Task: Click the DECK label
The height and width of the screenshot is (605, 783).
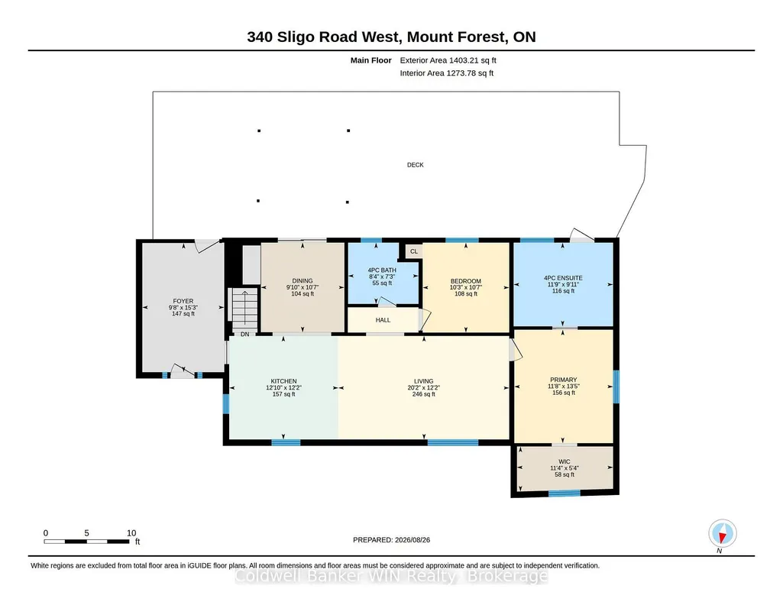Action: tap(415, 165)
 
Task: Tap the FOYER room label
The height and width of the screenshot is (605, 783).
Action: tap(183, 301)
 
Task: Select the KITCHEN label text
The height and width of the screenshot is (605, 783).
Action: tap(283, 381)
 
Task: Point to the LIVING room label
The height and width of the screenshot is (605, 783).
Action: tap(423, 381)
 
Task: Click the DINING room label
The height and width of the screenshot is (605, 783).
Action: tap(302, 280)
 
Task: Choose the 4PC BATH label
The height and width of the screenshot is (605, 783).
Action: tap(382, 270)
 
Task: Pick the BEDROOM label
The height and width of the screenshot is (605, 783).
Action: tap(466, 281)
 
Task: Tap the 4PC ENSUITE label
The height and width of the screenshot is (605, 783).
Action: tap(563, 278)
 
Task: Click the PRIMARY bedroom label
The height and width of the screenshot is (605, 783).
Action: tap(563, 380)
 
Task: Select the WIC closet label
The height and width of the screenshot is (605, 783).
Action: tap(565, 461)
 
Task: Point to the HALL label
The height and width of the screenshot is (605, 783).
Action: tap(383, 320)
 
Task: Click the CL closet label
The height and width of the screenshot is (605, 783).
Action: tap(414, 251)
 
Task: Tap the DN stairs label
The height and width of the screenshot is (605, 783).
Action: tap(244, 334)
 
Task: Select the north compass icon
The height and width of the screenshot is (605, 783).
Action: tap(722, 534)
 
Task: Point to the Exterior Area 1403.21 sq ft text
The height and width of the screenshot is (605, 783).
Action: tap(448, 60)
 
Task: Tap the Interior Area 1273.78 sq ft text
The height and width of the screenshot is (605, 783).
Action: tap(446, 73)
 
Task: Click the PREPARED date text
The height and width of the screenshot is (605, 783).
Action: tap(391, 539)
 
